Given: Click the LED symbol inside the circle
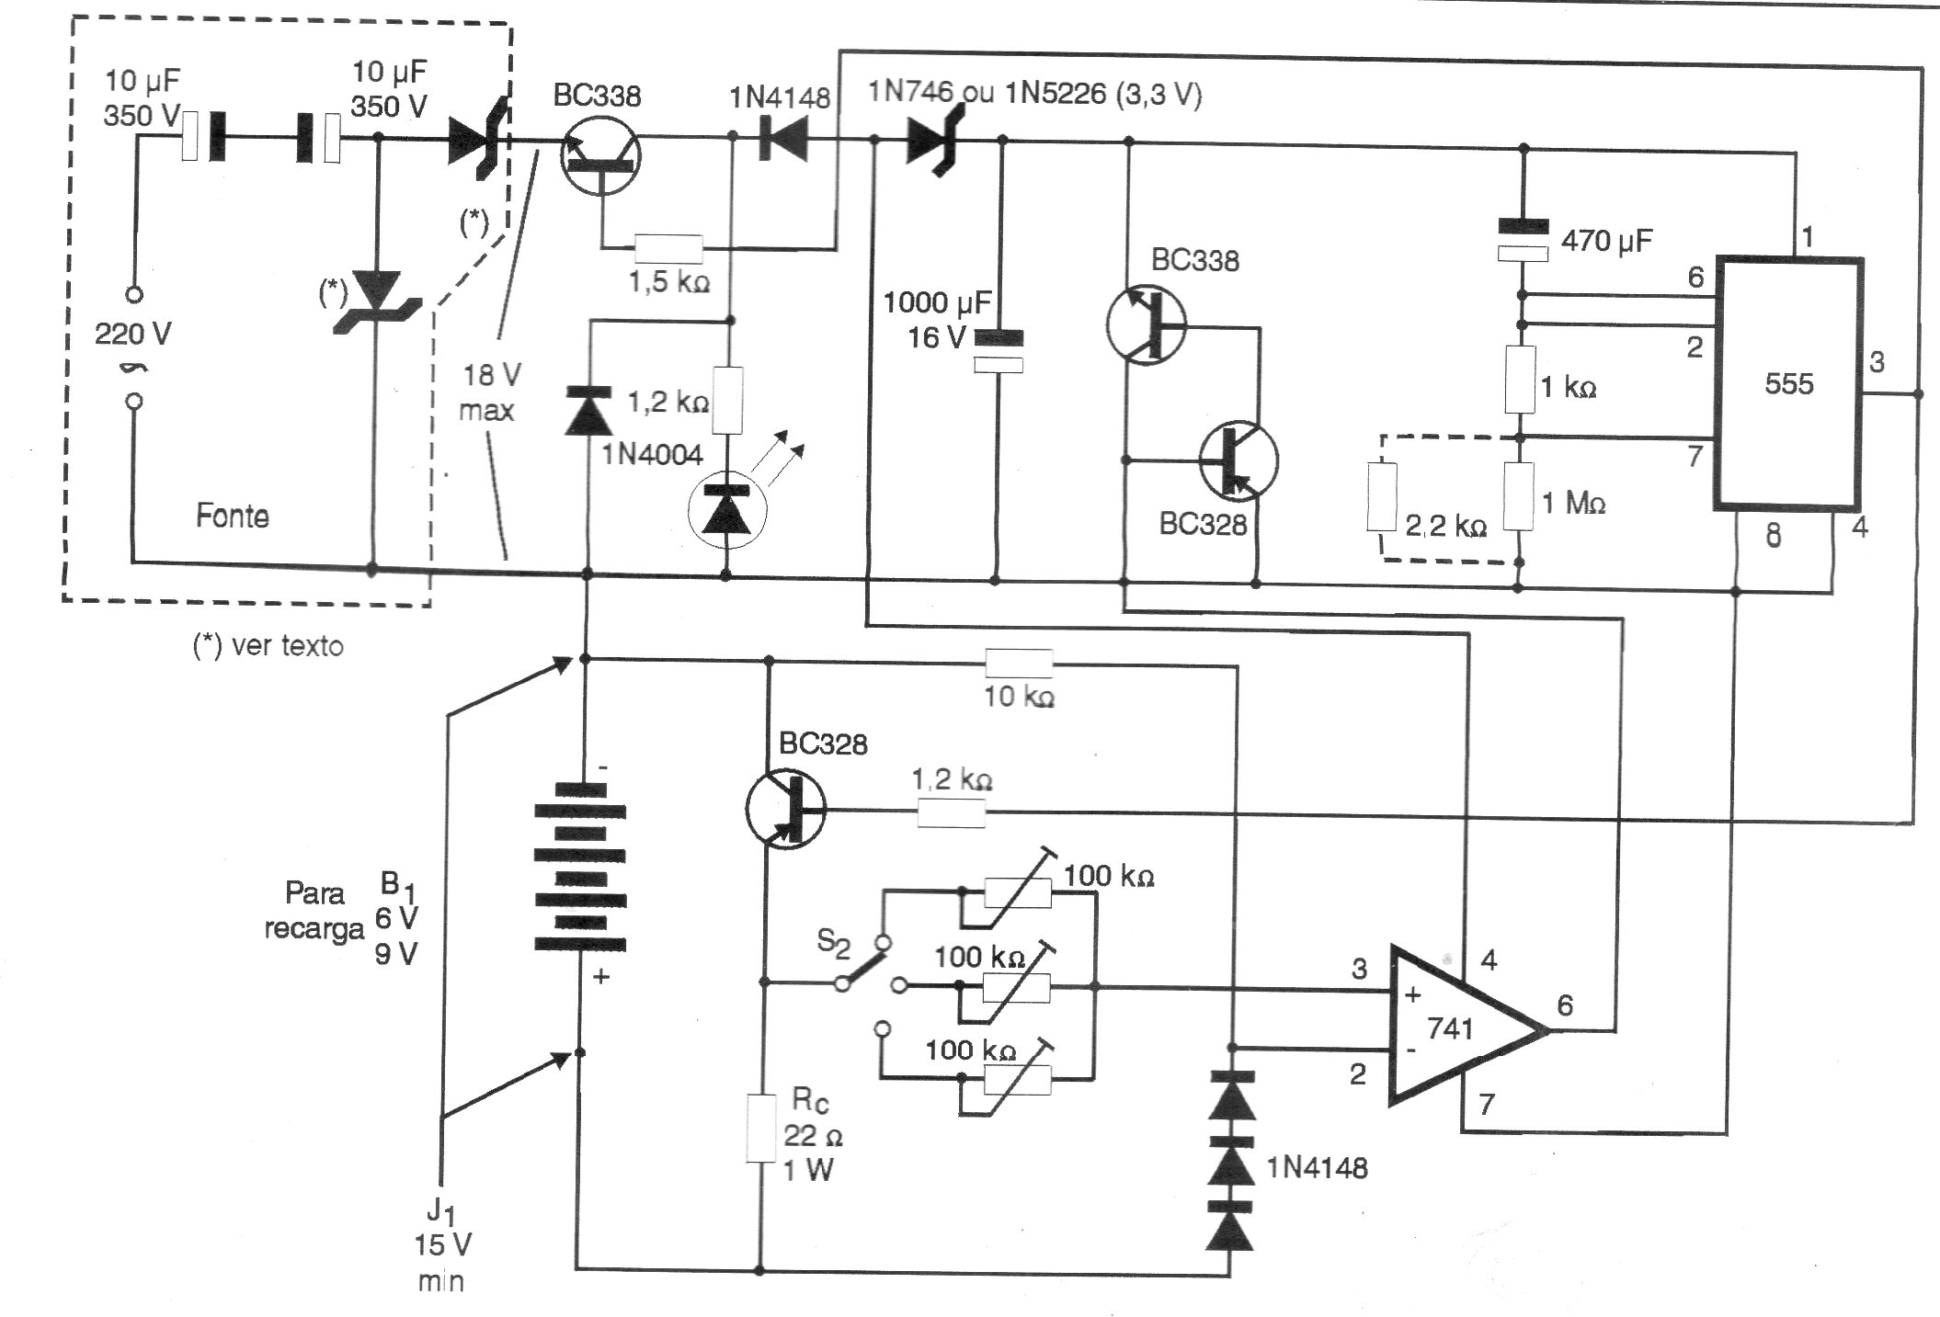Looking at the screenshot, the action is (726, 512).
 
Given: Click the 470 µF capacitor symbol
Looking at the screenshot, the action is (1523, 240).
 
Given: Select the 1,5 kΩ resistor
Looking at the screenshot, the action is (668, 248).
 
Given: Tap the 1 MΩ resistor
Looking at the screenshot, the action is (1519, 496).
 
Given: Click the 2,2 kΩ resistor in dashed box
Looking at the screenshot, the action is (1382, 497).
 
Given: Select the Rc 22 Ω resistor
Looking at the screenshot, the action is (760, 1129).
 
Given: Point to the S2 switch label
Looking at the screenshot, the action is (833, 941).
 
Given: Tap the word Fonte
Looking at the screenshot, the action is (232, 516).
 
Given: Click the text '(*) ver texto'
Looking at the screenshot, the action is (268, 646).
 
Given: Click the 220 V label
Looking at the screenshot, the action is (132, 334).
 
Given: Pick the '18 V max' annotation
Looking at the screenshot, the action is (490, 392).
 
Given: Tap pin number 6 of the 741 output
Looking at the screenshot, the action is (1565, 1005).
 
